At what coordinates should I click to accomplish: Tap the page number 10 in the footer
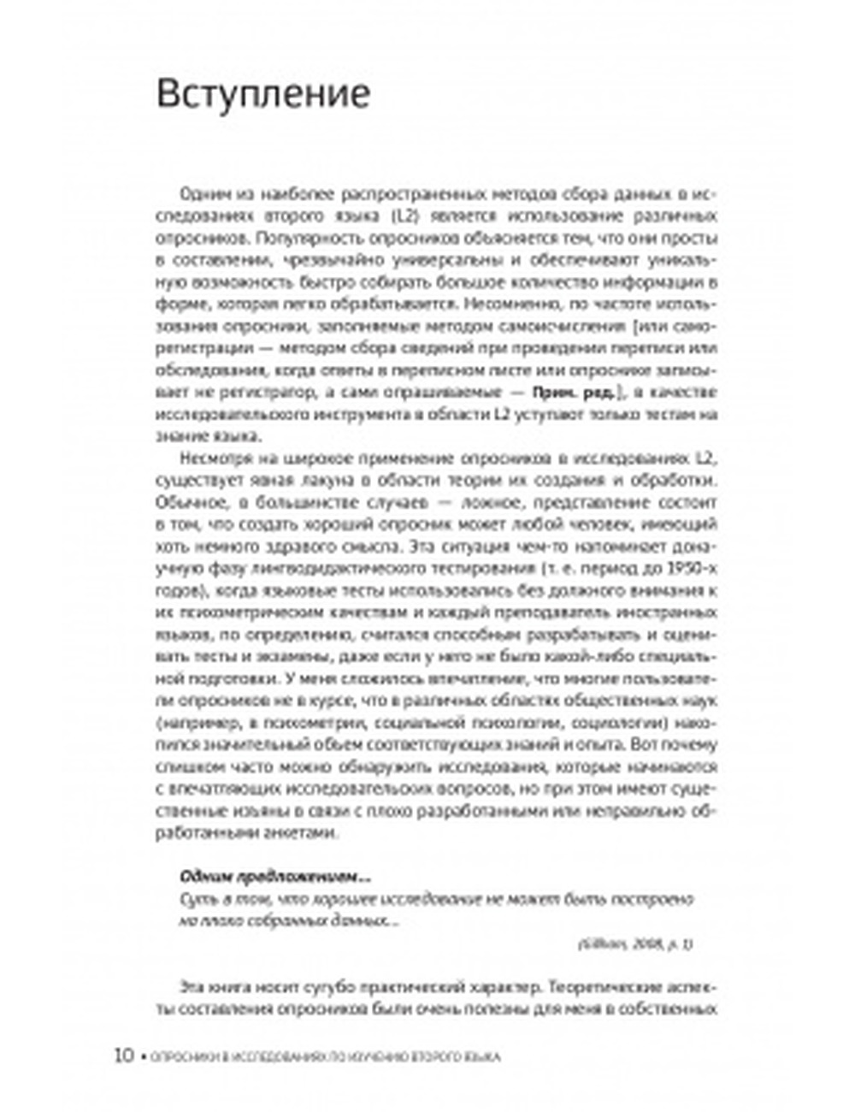click(124, 1055)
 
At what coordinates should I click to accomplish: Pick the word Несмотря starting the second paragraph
click(210, 458)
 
